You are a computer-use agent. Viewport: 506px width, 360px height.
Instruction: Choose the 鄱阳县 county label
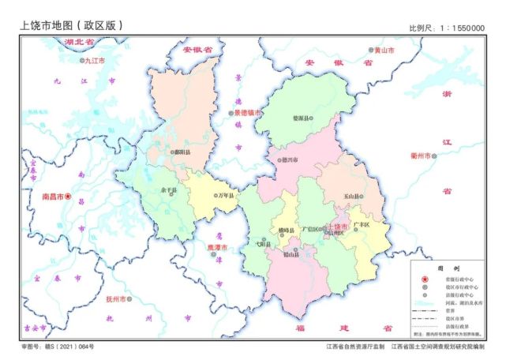click(182, 152)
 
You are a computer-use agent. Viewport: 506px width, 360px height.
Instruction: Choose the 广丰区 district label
click(362, 225)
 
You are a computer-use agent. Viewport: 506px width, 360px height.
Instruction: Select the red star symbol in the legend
click(424, 280)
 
